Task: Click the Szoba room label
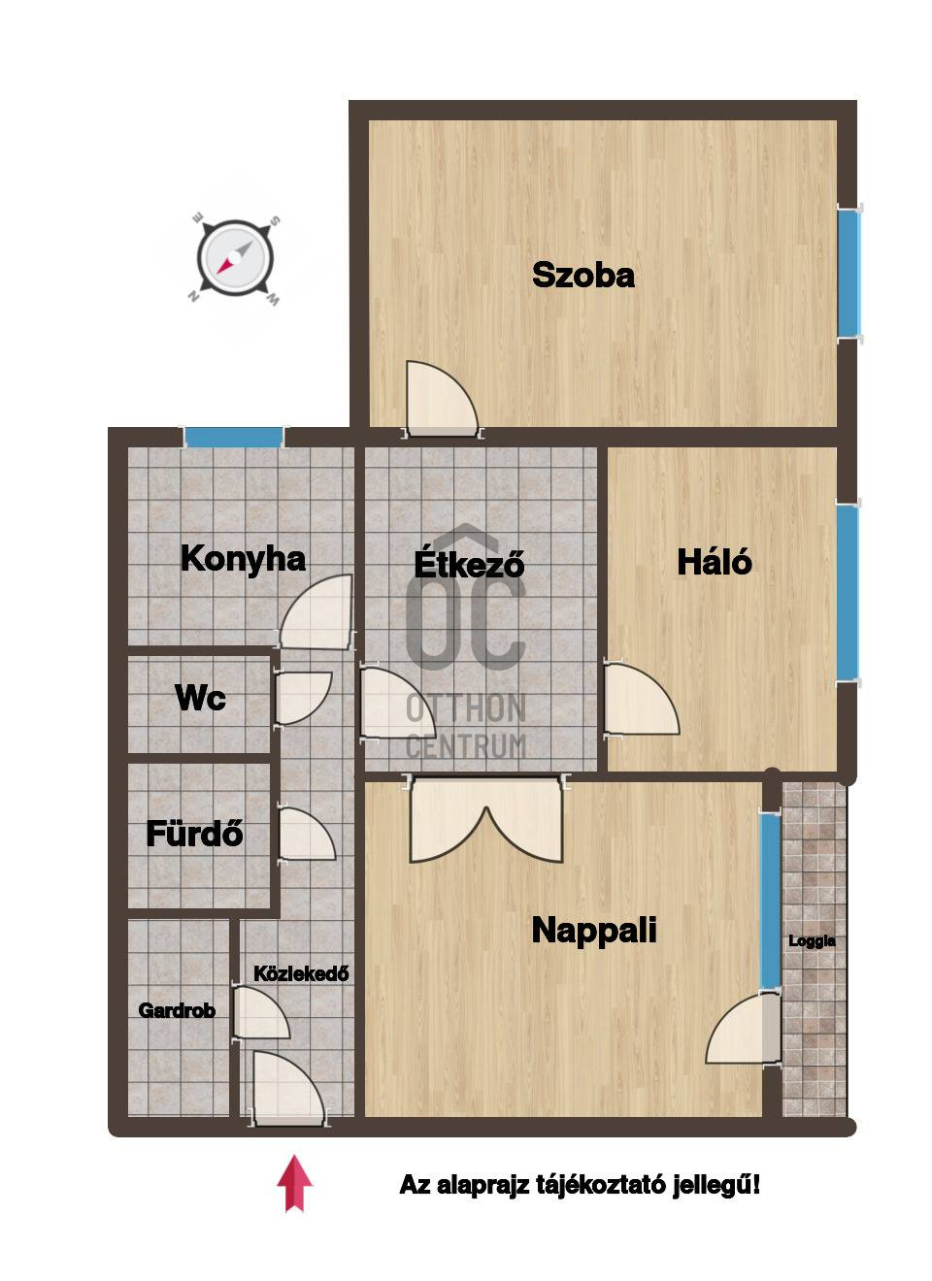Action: pos(583,275)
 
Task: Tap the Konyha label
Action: pos(243,558)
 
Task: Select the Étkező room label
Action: pos(469,563)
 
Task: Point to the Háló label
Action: pos(714,561)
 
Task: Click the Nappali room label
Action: pos(594,930)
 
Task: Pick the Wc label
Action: pos(200,698)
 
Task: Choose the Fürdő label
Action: pos(194,833)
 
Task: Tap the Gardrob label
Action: pos(177,1010)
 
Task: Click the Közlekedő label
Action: pos(301,973)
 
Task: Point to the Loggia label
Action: pos(812,940)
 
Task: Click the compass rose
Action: pos(235,258)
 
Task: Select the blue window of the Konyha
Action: pos(234,437)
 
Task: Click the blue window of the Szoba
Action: pos(849,274)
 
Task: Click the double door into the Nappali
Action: pos(485,818)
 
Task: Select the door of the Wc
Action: pos(303,698)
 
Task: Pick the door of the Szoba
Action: pos(442,400)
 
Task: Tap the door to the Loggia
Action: pos(743,1028)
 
